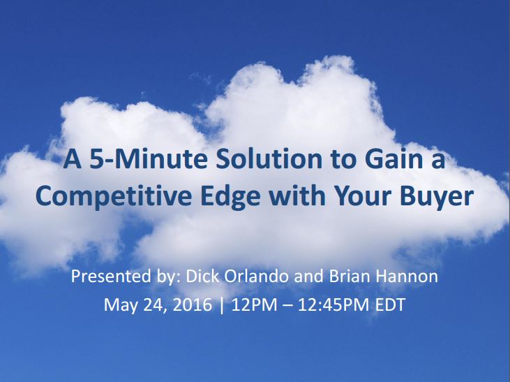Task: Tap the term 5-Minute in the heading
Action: (149, 159)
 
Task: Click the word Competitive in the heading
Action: (114, 197)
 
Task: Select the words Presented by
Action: (126, 277)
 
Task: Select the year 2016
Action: (193, 304)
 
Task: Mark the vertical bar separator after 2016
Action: (222, 305)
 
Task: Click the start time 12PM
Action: (255, 304)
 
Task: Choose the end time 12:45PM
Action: (333, 304)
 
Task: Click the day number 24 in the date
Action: (154, 305)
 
